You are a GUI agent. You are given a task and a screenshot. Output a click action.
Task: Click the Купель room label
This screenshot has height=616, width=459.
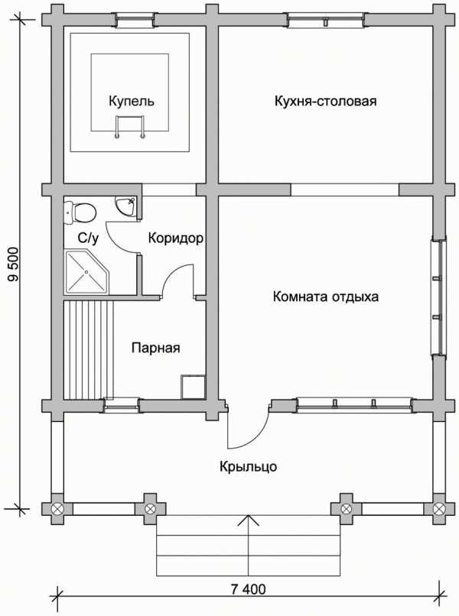click(132, 102)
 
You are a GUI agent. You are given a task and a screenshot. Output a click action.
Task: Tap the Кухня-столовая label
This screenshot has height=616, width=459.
click(325, 101)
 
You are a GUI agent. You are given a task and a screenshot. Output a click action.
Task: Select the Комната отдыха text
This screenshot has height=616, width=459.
click(326, 297)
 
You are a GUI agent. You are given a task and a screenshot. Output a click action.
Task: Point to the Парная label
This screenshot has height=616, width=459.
click(156, 348)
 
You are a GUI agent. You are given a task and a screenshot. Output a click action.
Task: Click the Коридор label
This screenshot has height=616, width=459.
click(176, 238)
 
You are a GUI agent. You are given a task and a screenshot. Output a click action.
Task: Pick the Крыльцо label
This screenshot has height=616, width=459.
click(248, 467)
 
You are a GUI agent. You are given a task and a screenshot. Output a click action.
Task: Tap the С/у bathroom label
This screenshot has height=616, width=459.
click(88, 238)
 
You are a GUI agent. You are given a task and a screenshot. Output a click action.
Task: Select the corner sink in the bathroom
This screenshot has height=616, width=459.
click(125, 206)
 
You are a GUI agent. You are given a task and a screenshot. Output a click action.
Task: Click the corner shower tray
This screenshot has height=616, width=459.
click(86, 273)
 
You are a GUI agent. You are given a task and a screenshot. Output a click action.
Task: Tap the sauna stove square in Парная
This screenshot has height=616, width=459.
click(194, 387)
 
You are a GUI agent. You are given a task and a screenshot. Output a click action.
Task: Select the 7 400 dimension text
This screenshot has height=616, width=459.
click(248, 589)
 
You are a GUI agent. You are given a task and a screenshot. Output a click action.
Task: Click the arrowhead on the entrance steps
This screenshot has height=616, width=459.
click(248, 520)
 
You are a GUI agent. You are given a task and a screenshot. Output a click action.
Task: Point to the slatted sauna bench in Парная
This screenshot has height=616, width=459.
click(89, 349)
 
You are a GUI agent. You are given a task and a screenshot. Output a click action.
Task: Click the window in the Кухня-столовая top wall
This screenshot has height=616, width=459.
click(325, 20)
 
